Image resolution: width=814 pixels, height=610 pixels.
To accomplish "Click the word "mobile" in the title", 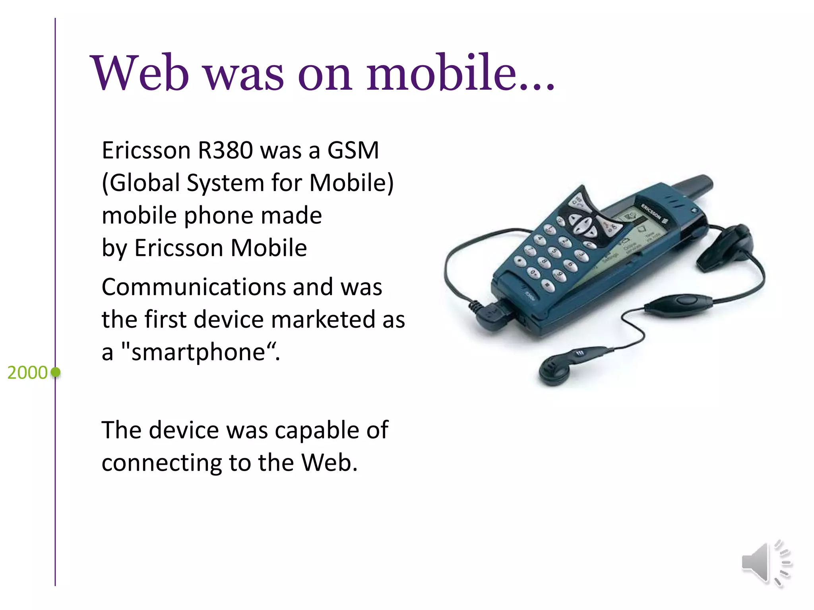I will click(x=441, y=73).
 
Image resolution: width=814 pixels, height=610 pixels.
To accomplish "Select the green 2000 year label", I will click(x=27, y=373).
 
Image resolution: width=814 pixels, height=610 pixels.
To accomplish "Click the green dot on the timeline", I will click(x=56, y=372).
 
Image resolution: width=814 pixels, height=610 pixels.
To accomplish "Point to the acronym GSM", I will click(x=353, y=151).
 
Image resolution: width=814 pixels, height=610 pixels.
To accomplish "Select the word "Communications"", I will click(x=193, y=287).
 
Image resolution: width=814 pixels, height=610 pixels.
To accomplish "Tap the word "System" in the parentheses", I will click(x=225, y=183).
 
